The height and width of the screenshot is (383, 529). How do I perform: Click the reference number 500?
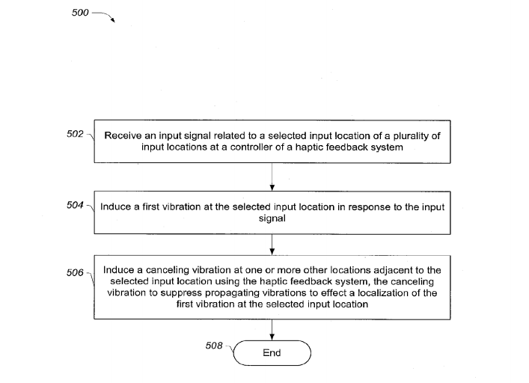[x=80, y=13]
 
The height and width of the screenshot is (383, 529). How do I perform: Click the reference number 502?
[x=75, y=134]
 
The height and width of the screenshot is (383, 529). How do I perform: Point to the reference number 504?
[x=75, y=205]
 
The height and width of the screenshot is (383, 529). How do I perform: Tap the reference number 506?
[x=75, y=272]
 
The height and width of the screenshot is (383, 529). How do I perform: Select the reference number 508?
[x=214, y=346]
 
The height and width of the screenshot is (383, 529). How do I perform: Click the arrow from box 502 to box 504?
[x=272, y=177]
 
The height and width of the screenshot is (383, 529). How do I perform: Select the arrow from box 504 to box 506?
[x=272, y=245]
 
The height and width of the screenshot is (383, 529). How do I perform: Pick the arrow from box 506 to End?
[x=272, y=330]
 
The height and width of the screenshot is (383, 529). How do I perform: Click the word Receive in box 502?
[x=123, y=135]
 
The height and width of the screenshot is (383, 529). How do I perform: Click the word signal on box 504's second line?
[x=272, y=219]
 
